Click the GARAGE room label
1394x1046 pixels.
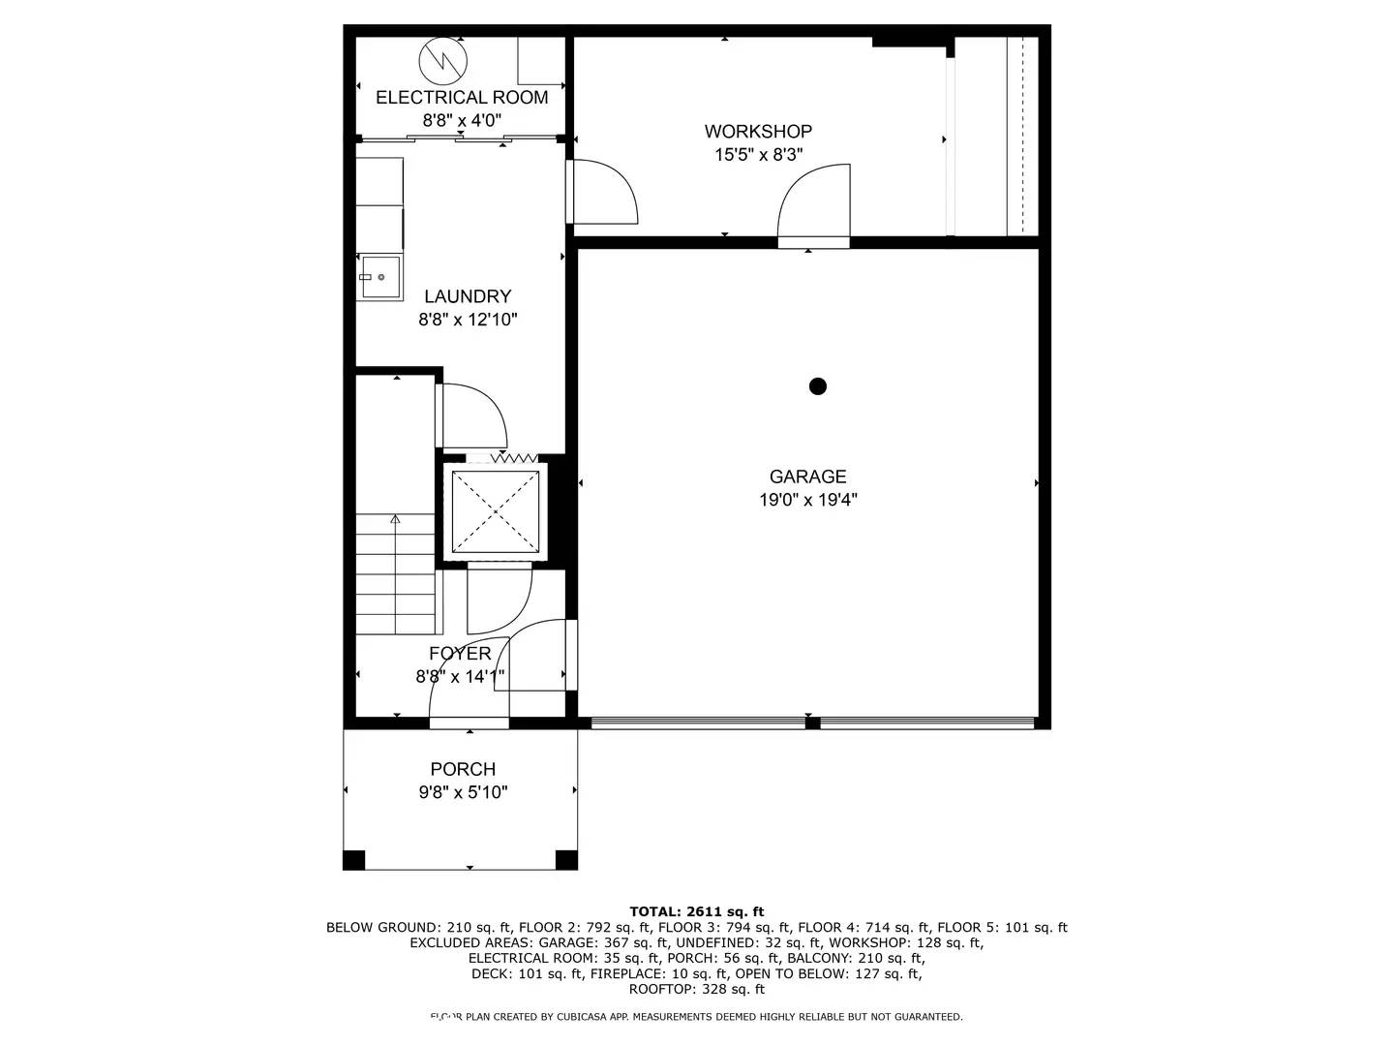807,477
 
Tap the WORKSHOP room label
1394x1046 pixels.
758,131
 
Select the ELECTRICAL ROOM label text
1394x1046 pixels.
462,97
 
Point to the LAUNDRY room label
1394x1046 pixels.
468,296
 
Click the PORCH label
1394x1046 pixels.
463,769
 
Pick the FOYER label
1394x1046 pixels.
460,654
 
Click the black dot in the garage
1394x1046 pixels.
818,386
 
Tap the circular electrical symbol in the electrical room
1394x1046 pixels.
443,62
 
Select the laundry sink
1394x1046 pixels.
379,277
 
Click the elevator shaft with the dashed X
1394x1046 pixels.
496,512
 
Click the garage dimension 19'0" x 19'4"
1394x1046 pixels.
807,500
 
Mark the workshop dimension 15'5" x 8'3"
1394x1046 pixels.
758,154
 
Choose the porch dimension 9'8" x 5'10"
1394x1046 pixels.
463,792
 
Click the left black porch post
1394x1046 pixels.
354,859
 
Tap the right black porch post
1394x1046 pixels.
566,859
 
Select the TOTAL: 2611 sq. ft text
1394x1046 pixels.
696,911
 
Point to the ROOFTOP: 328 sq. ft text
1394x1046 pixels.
696,989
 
